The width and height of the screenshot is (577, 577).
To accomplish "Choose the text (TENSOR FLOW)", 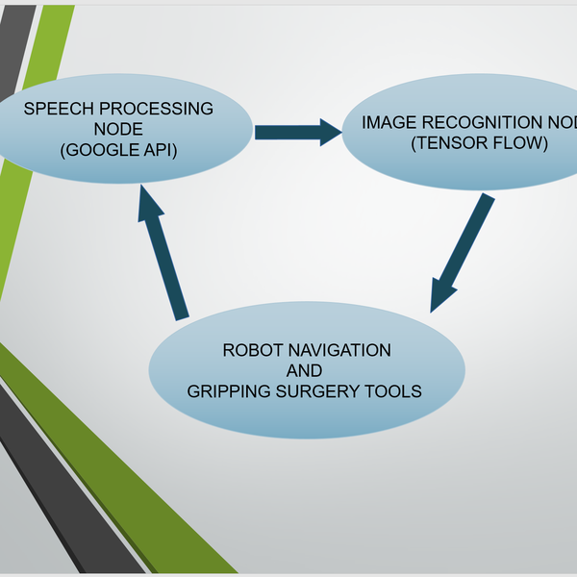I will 479,144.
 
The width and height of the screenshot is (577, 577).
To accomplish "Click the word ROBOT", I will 250,350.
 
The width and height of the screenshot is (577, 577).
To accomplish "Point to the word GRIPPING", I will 228,391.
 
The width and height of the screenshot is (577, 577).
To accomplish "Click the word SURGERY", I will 320,391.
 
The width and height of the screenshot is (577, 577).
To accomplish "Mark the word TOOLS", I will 396,391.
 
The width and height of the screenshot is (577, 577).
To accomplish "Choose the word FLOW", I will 515,144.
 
